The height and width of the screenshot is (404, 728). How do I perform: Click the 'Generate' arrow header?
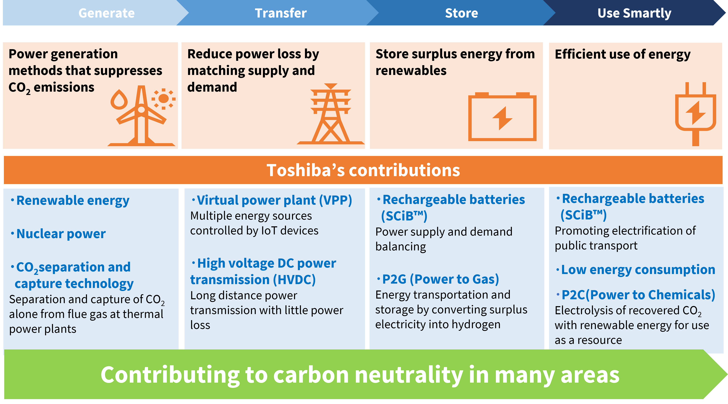tap(106, 13)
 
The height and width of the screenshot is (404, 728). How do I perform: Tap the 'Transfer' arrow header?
tap(281, 13)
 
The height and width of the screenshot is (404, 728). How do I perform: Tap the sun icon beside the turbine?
tap(163, 99)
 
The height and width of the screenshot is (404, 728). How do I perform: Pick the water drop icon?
tap(119, 99)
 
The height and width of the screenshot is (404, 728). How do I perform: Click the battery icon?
tap(502, 117)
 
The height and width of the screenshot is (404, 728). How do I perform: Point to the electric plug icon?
tap(696, 114)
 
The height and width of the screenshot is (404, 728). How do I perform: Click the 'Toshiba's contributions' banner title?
tap(363, 170)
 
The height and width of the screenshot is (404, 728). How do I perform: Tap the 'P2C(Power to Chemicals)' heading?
tap(636, 295)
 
